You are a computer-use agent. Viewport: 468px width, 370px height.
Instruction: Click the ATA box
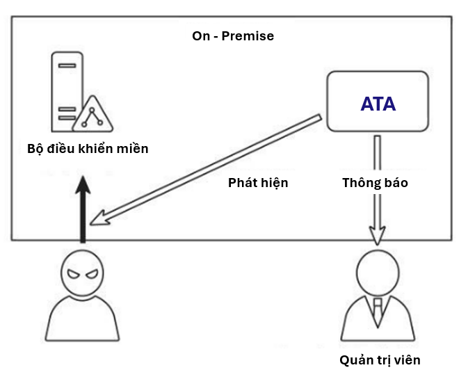pos(378,103)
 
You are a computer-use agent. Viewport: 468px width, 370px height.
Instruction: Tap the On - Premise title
pos(233,36)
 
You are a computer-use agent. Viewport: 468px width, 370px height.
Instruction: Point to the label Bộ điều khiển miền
pos(88,148)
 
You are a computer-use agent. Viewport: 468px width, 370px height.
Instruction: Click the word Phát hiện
pos(258,184)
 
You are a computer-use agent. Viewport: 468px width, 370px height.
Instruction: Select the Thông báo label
pos(375,184)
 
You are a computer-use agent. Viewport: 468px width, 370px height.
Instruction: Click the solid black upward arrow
pos(83,209)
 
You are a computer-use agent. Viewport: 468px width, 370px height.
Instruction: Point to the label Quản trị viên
pos(380,360)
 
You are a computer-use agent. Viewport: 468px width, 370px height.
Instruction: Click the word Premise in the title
pos(248,36)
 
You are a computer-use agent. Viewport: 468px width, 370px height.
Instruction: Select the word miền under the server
pos(133,148)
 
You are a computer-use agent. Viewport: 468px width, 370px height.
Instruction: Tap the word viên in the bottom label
pos(408,360)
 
